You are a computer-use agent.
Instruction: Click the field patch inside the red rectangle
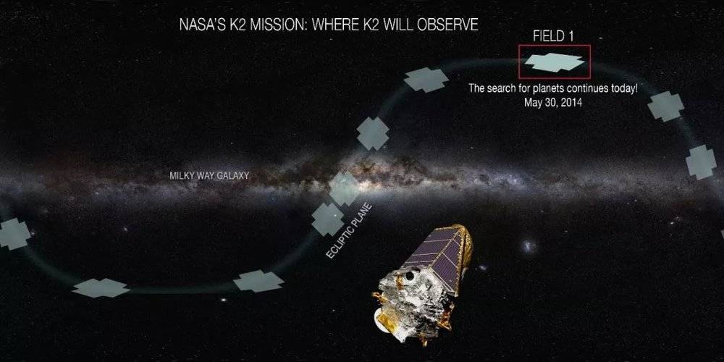tap(554, 62)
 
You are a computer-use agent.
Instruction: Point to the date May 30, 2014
tap(552, 103)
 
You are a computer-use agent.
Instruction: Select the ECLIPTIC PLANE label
tap(349, 230)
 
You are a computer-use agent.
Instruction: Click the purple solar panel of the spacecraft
tap(433, 259)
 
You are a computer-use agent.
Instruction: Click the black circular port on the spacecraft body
tap(409, 276)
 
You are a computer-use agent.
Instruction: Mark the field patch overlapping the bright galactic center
tap(344, 188)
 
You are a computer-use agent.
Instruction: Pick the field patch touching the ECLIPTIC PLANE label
tap(327, 219)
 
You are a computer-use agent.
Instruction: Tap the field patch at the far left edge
tap(13, 234)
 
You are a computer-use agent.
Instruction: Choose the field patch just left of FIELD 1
tap(426, 80)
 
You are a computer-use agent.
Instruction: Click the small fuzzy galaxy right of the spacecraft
tap(529, 245)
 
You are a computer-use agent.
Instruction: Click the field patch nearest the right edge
tap(700, 161)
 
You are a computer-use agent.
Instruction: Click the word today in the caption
tap(622, 88)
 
